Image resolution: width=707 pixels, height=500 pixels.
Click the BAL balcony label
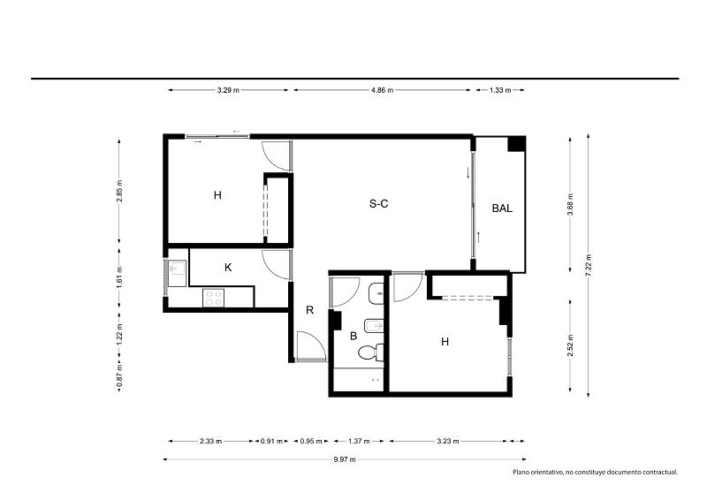(502, 208)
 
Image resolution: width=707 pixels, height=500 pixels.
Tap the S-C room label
(379, 204)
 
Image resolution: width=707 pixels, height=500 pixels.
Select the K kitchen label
(228, 268)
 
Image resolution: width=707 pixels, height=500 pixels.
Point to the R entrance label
(310, 310)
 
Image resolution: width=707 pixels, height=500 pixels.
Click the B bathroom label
(353, 336)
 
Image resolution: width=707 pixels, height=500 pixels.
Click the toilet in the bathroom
(371, 352)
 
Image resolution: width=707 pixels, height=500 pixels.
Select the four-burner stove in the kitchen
(213, 298)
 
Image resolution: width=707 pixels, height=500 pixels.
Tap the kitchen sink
(177, 273)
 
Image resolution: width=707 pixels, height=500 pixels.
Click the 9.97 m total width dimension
(345, 459)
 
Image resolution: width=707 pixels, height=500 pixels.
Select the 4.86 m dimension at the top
(383, 90)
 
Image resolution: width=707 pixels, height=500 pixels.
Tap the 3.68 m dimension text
(570, 204)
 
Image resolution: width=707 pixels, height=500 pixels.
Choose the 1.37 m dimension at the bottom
(359, 441)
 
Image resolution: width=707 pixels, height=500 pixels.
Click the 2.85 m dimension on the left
(119, 192)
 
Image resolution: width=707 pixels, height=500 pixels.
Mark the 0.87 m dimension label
(119, 376)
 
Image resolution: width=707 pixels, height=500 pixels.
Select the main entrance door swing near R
(311, 346)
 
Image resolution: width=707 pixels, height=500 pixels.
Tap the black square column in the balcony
(516, 144)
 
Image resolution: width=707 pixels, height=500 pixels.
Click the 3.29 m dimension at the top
(228, 90)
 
